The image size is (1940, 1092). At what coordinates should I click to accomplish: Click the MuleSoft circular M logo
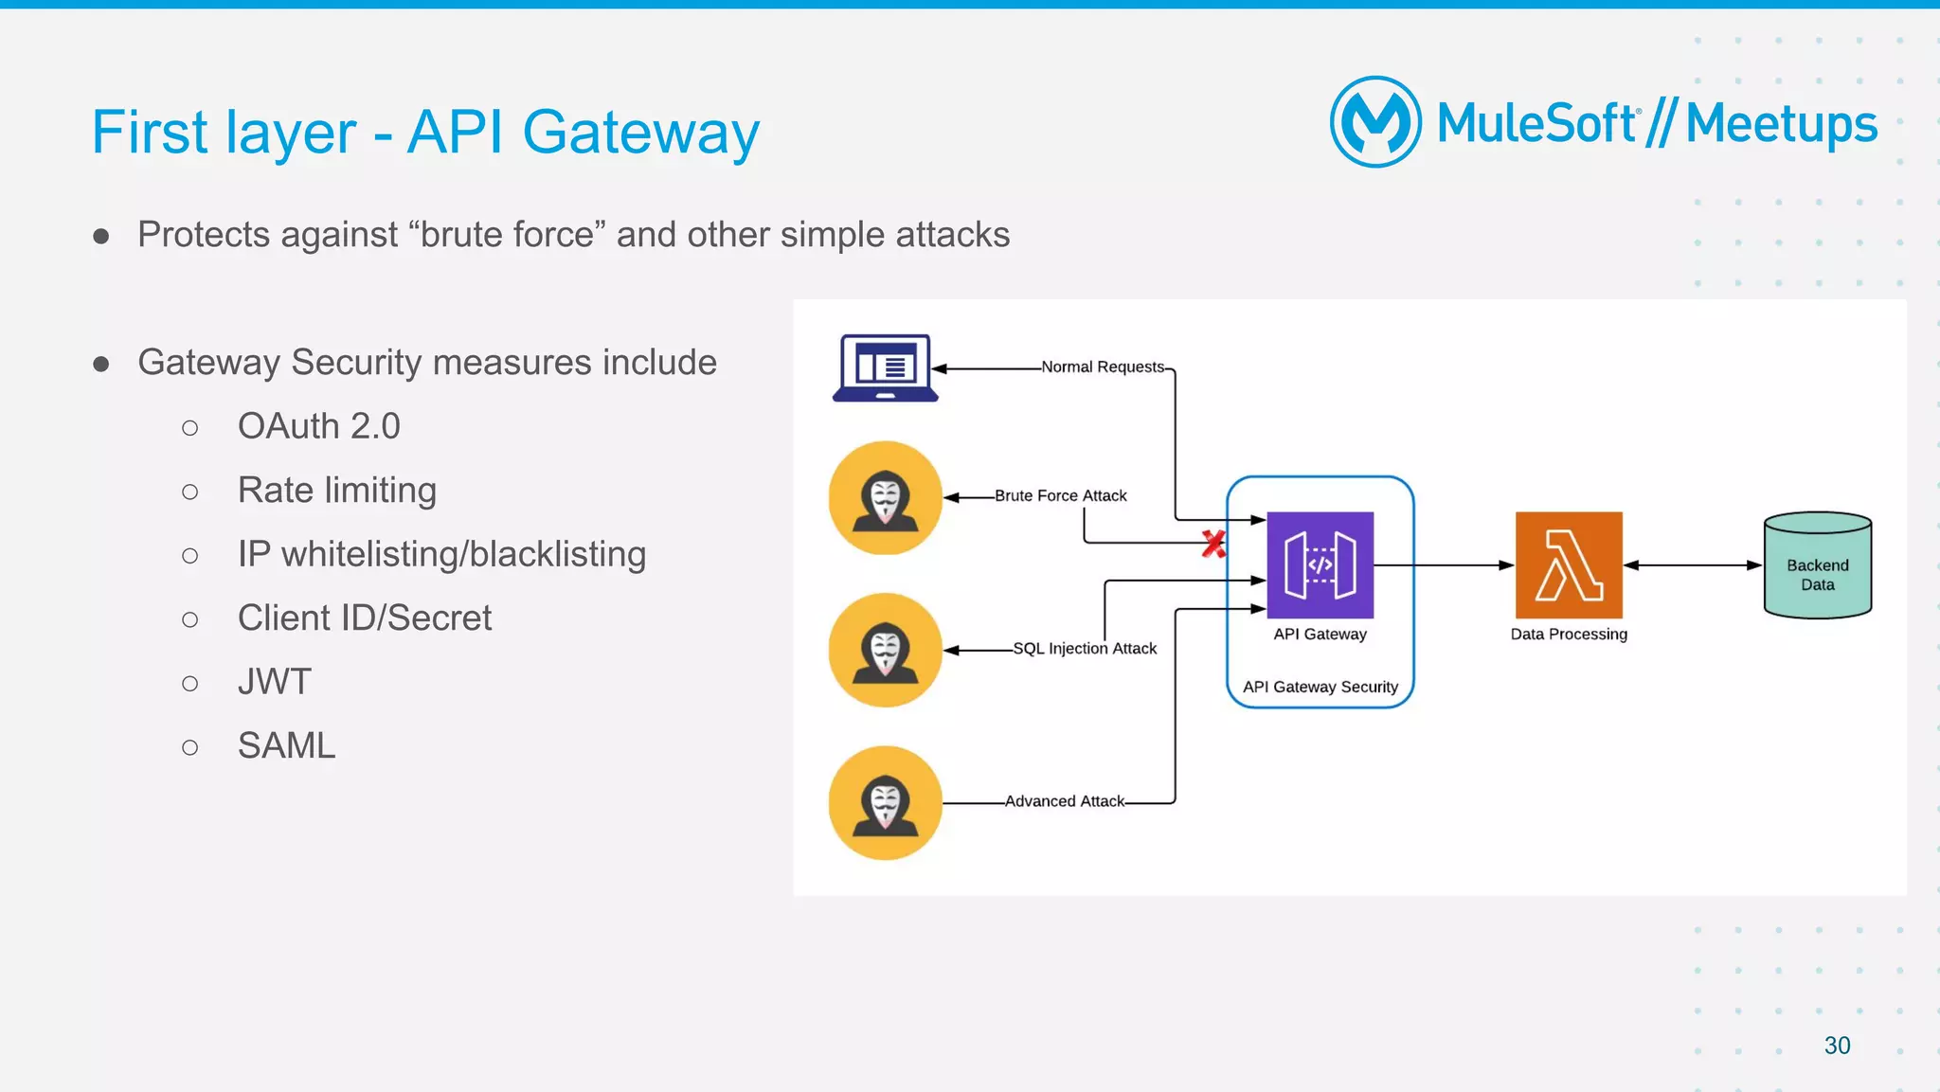point(1375,122)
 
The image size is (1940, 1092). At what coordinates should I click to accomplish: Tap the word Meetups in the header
point(1781,124)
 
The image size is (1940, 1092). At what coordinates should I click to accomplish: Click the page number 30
point(1837,1046)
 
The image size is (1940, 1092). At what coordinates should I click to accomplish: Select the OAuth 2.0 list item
point(318,426)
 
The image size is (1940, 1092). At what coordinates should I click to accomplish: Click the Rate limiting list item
point(336,491)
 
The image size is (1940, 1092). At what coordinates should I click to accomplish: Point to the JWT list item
point(274,682)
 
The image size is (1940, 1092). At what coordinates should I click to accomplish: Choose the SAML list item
point(286,746)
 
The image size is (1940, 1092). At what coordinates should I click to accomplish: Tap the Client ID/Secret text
point(365,618)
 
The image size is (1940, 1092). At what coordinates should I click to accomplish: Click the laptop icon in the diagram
point(885,368)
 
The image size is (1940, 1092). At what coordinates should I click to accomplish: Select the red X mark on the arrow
point(1213,544)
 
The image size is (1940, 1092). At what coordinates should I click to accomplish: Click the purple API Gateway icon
point(1320,565)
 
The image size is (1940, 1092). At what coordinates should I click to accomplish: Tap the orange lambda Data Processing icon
point(1569,565)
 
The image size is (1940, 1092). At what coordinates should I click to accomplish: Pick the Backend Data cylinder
point(1817,566)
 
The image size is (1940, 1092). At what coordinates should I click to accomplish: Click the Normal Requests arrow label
point(1103,367)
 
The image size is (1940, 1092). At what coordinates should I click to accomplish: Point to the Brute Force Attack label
point(1060,495)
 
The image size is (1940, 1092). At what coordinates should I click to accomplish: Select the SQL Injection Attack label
point(1085,649)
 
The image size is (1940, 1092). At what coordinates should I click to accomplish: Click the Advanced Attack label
point(1065,801)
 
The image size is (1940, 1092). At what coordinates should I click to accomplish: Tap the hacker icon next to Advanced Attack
point(885,803)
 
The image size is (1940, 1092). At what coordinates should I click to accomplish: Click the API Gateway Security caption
point(1320,687)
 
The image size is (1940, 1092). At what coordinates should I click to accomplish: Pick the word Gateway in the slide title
point(640,132)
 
